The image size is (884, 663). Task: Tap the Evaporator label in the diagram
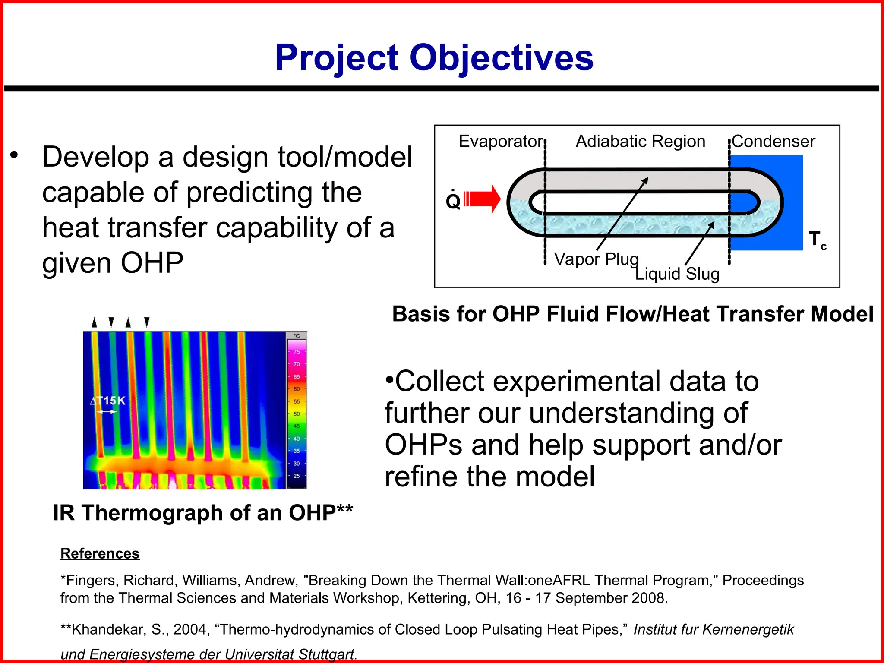click(x=500, y=142)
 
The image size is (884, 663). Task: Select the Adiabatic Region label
click(x=640, y=142)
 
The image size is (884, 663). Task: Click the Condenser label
click(x=773, y=142)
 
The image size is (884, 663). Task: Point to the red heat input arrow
click(x=483, y=199)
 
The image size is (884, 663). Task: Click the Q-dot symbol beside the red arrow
click(x=452, y=200)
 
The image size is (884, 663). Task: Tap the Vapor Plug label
click(x=596, y=259)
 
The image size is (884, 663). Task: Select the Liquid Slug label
click(x=677, y=274)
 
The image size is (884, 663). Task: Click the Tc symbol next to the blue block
click(x=817, y=240)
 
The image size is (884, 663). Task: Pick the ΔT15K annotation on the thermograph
click(x=108, y=401)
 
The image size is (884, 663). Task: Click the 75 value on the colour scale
click(x=297, y=352)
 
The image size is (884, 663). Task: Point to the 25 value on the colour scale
click(x=297, y=476)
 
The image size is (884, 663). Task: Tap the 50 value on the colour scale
click(x=297, y=414)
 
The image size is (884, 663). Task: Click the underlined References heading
click(x=100, y=553)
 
